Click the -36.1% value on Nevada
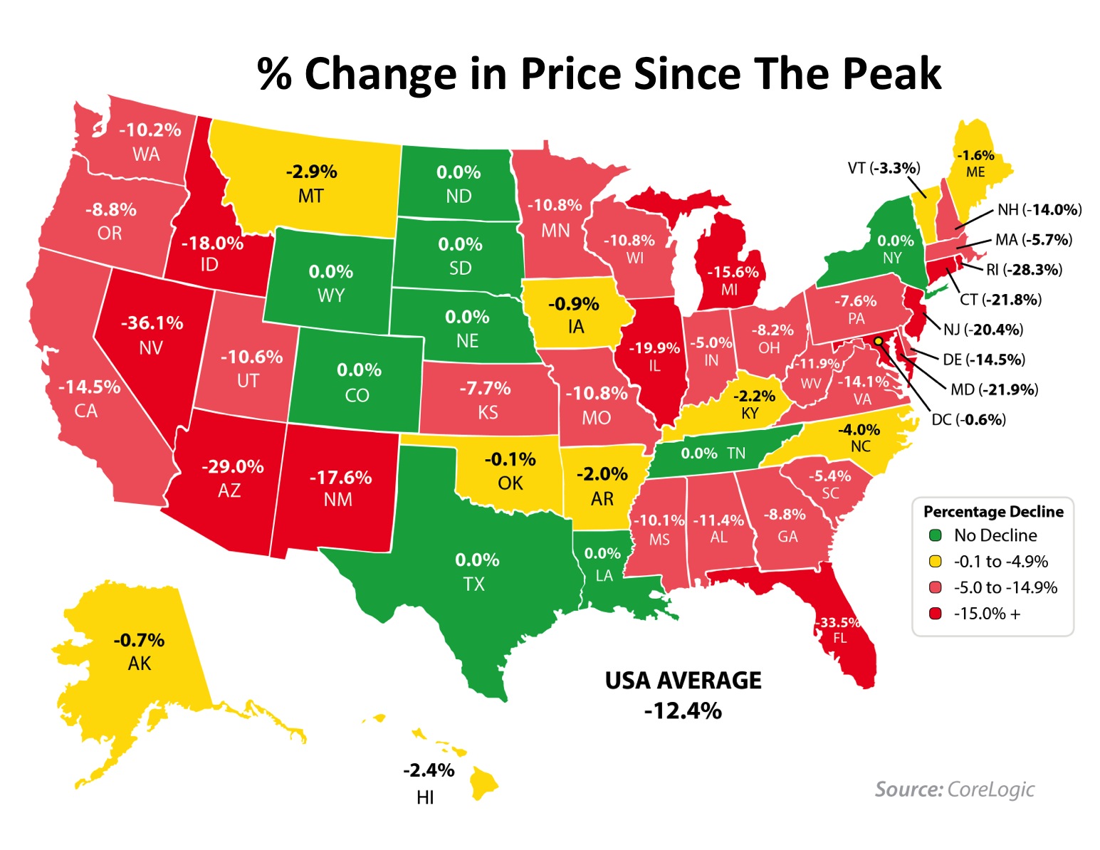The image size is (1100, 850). point(152,323)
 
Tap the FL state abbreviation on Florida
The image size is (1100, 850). point(840,638)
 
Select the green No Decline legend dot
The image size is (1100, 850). point(936,535)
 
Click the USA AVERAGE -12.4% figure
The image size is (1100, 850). point(683,710)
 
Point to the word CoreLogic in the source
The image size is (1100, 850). point(990,789)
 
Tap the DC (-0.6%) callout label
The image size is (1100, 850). point(968,419)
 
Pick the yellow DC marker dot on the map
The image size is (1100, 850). point(878,341)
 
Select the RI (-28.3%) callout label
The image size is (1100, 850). point(1024,270)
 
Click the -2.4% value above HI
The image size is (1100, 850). point(429,770)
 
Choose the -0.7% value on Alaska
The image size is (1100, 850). point(140,640)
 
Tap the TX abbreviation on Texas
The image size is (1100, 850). point(473,584)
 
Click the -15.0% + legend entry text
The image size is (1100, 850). point(987,614)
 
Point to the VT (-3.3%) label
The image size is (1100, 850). point(884,168)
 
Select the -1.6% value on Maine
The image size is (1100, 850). point(975,155)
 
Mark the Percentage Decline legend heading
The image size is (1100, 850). point(993,511)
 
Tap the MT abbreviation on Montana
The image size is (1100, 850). point(311,196)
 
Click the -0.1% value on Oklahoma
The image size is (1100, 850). point(510,459)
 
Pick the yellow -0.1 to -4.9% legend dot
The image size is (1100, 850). point(936,562)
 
